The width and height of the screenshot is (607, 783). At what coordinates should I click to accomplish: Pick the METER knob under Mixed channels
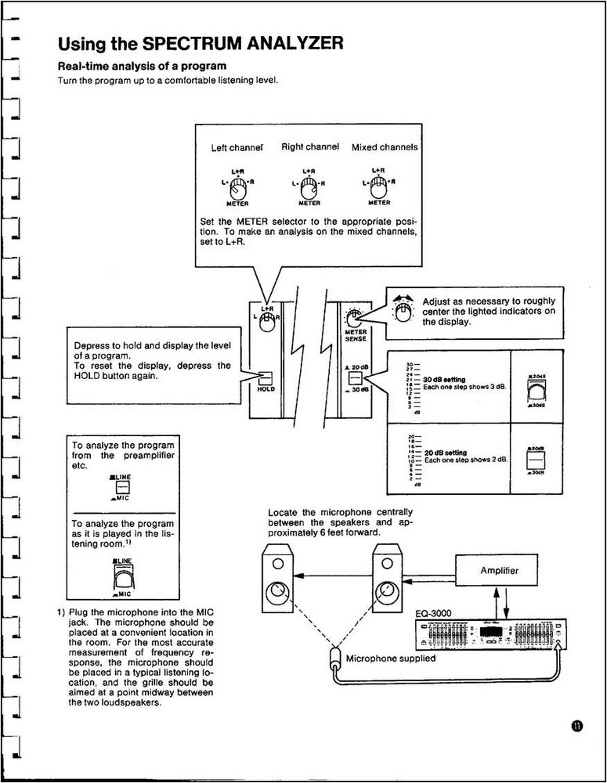pos(379,186)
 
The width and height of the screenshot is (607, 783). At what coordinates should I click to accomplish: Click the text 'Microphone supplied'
pos(390,659)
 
